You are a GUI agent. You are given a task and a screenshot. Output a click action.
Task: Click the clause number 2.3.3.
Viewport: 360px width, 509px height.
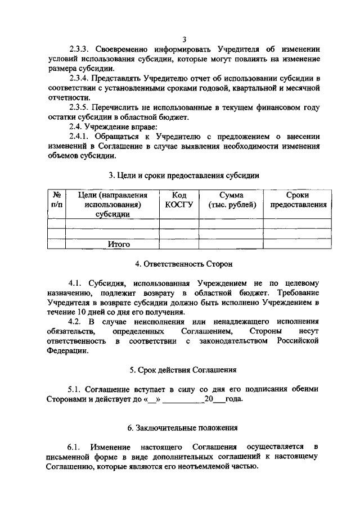click(81, 49)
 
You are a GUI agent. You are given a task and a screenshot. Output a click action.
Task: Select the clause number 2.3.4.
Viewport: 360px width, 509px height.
click(81, 78)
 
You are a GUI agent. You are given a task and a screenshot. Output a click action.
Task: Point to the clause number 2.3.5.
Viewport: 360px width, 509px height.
click(81, 107)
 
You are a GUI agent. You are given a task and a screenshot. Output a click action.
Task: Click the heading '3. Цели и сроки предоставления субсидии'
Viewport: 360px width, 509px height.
click(184, 175)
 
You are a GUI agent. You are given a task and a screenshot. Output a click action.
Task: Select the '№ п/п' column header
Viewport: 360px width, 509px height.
click(56, 200)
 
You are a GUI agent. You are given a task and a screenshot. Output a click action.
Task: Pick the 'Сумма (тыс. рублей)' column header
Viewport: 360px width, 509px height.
click(231, 200)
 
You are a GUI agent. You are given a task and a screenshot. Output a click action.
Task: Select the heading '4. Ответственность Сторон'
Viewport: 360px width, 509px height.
click(184, 264)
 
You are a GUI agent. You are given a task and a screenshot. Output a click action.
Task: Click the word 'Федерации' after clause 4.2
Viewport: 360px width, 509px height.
click(67, 351)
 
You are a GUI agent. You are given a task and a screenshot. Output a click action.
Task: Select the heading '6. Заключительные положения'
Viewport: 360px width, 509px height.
click(184, 429)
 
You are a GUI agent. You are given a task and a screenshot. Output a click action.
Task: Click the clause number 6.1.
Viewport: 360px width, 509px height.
click(75, 447)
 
